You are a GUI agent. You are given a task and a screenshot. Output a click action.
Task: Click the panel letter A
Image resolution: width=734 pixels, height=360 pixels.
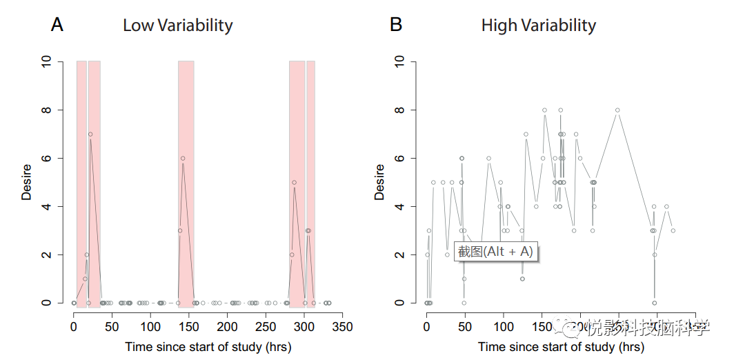(x=57, y=26)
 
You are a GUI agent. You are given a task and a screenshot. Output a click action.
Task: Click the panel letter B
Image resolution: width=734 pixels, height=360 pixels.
(x=396, y=26)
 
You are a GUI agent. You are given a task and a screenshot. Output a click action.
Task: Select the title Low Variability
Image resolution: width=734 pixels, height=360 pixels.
(x=178, y=26)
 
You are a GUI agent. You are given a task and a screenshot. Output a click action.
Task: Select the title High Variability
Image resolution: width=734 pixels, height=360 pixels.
(x=538, y=26)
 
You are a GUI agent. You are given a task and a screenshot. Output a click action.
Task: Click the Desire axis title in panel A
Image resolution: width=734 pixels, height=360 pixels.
(x=27, y=182)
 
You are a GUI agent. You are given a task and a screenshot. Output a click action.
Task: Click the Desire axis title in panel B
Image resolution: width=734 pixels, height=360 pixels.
(x=379, y=182)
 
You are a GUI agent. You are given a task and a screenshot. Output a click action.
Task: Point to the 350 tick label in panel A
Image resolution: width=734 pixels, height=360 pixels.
(x=342, y=326)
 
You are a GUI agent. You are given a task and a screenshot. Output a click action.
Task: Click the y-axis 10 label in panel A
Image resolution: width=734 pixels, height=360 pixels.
(x=46, y=61)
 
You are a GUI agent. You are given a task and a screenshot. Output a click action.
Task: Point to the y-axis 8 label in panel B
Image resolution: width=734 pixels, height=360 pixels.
(x=399, y=110)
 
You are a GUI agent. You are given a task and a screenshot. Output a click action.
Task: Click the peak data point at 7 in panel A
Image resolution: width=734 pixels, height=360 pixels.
(x=90, y=134)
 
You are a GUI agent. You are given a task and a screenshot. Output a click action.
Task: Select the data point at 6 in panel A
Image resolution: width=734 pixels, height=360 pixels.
(x=183, y=158)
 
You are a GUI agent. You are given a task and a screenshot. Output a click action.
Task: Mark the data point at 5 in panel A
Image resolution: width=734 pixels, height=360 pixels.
(x=294, y=183)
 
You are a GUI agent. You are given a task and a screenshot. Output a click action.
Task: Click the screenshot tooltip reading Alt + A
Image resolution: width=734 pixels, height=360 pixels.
(x=495, y=252)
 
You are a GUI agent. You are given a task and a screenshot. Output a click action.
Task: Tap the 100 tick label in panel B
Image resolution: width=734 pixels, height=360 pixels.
(x=504, y=326)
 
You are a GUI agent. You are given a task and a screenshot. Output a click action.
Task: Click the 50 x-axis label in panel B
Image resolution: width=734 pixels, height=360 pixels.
(x=465, y=326)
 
